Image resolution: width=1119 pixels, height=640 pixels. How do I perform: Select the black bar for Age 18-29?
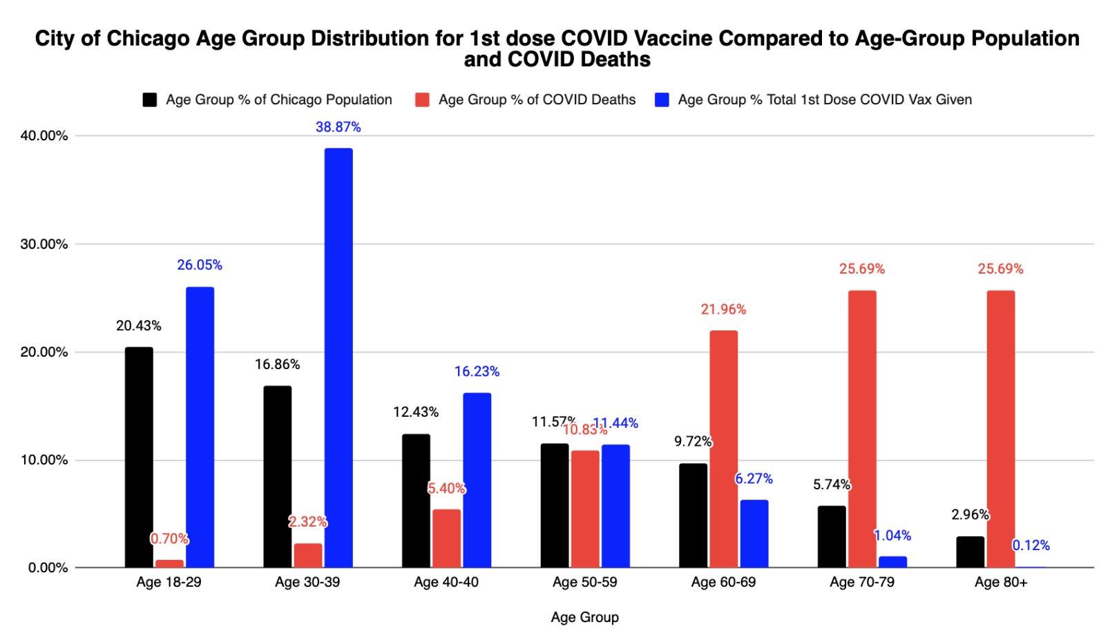pos(139,457)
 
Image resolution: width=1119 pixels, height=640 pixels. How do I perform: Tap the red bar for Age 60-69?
pos(723,449)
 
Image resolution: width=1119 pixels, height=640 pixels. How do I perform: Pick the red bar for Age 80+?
pos(1001,429)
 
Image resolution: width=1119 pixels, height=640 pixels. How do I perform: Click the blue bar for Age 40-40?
pos(477,480)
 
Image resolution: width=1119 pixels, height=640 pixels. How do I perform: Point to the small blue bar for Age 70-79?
pos(892,562)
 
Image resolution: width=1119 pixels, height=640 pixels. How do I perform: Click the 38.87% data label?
pos(338,127)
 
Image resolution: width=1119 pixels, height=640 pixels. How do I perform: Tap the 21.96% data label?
pos(723,310)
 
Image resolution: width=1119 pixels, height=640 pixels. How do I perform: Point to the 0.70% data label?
pos(169,538)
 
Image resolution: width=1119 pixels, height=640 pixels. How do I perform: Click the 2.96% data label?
pos(970,515)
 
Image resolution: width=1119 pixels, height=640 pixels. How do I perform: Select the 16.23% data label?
pos(477,372)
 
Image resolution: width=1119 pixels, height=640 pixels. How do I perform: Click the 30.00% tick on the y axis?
pos(44,244)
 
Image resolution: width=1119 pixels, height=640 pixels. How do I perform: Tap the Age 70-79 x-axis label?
pos(862,582)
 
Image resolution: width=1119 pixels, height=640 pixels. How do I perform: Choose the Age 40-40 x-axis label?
pos(446,582)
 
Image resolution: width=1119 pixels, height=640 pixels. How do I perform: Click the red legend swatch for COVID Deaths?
pos(422,100)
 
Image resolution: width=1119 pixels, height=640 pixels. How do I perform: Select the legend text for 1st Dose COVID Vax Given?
pos(825,100)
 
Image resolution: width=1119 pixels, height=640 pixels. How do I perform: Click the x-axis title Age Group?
pos(584,617)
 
